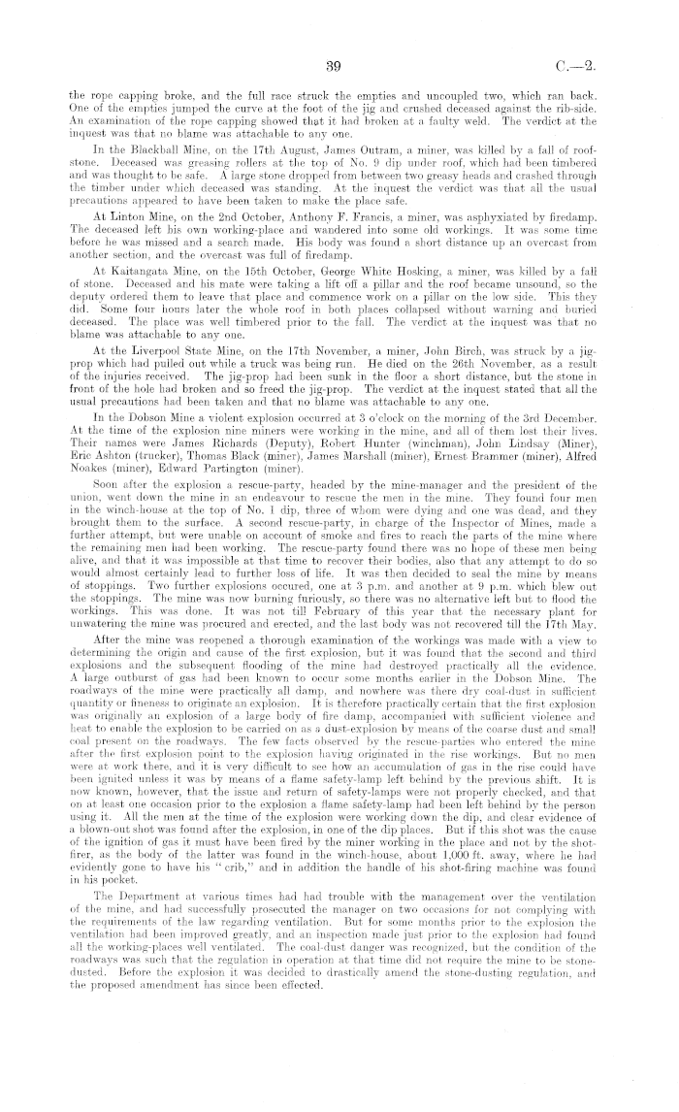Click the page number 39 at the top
pyautogui.click(x=337, y=66)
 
